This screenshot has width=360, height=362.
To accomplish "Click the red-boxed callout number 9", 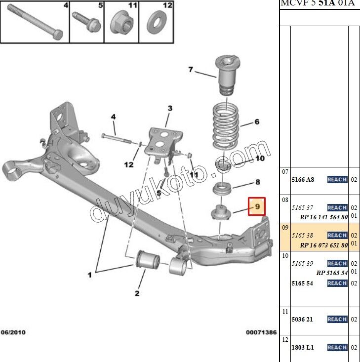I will pyautogui.click(x=257, y=207).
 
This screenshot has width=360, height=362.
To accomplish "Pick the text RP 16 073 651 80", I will pyautogui.click(x=324, y=245).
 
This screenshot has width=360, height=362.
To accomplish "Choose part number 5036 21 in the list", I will pyautogui.click(x=303, y=320).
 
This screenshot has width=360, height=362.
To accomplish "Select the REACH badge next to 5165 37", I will pyautogui.click(x=337, y=208).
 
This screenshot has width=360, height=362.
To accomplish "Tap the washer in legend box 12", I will pyautogui.click(x=157, y=22).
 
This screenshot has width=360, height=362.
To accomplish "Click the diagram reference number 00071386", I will pyautogui.click(x=261, y=333).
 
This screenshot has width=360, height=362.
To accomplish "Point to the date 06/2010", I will pyautogui.click(x=14, y=333).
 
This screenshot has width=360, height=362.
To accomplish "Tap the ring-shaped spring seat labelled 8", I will pyautogui.click(x=223, y=188).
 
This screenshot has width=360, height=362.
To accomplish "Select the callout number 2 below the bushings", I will pyautogui.click(x=137, y=294).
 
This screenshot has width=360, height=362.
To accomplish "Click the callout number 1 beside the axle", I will pyautogui.click(x=89, y=275).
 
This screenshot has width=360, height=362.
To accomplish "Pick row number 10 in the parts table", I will pyautogui.click(x=285, y=255).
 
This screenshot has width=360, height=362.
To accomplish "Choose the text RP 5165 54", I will pyautogui.click(x=332, y=273).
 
